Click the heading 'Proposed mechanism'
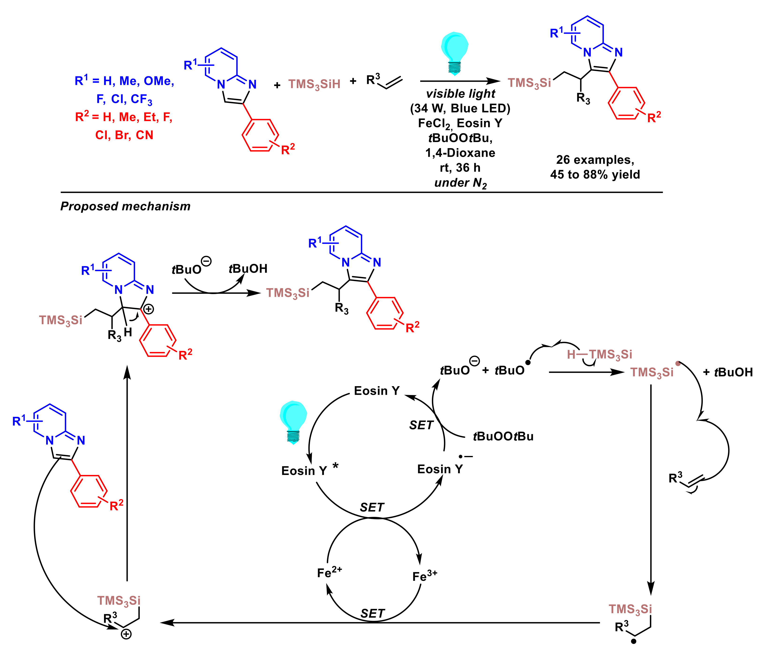[125, 206]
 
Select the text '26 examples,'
[595, 160]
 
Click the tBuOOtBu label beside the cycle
[503, 436]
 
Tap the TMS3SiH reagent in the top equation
[314, 84]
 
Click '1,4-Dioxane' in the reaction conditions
[460, 153]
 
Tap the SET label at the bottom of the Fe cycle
[372, 614]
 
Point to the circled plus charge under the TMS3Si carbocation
[126, 635]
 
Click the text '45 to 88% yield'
[595, 174]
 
